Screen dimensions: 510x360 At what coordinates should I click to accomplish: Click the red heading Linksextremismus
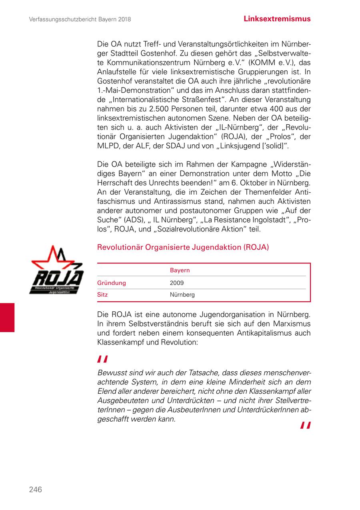(x=277, y=19)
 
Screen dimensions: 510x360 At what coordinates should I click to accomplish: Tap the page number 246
(x=35, y=490)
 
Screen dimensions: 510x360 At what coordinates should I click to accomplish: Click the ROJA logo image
(x=57, y=270)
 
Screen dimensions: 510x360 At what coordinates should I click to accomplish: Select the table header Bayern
(x=180, y=271)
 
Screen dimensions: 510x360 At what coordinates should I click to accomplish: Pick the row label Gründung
(x=112, y=283)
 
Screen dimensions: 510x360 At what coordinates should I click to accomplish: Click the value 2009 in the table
(x=177, y=283)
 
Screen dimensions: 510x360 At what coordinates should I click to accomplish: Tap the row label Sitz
(x=102, y=295)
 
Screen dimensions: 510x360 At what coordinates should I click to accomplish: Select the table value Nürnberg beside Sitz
(x=182, y=295)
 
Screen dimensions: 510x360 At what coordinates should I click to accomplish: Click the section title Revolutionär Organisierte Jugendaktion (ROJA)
(x=183, y=247)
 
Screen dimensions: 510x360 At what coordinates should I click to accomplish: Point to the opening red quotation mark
(x=102, y=359)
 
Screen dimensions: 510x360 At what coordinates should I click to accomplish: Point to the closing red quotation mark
(x=306, y=425)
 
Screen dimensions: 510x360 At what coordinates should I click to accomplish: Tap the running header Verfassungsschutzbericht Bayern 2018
(x=80, y=19)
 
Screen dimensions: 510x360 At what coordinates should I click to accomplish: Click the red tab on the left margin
(x=7, y=317)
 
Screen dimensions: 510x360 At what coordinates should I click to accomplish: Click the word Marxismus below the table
(x=290, y=324)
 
